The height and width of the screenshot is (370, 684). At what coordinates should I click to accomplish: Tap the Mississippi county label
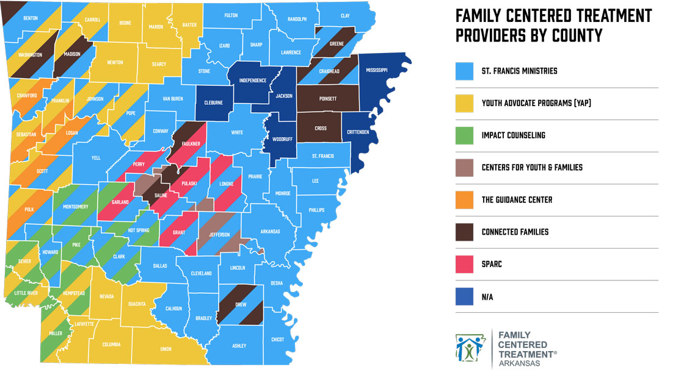click(376, 70)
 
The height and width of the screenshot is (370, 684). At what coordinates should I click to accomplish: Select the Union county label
click(165, 349)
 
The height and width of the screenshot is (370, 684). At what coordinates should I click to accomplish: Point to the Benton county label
click(30, 18)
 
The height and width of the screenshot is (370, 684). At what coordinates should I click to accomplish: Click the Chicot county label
click(277, 340)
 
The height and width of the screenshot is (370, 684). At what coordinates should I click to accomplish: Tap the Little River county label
click(25, 293)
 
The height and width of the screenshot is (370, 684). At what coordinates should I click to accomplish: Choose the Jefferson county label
click(219, 235)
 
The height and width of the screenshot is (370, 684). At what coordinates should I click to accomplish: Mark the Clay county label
click(345, 16)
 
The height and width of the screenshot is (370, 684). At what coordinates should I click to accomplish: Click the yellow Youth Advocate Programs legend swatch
click(465, 103)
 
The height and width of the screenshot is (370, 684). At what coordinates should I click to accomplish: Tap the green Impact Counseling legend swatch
click(465, 135)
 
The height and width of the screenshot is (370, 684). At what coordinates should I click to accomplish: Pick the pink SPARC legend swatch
click(465, 265)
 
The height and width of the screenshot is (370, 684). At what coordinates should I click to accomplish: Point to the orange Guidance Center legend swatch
click(465, 200)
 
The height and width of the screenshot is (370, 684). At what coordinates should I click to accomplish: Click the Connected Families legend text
click(515, 232)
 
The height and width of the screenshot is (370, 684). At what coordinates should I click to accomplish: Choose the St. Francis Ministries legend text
click(519, 71)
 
